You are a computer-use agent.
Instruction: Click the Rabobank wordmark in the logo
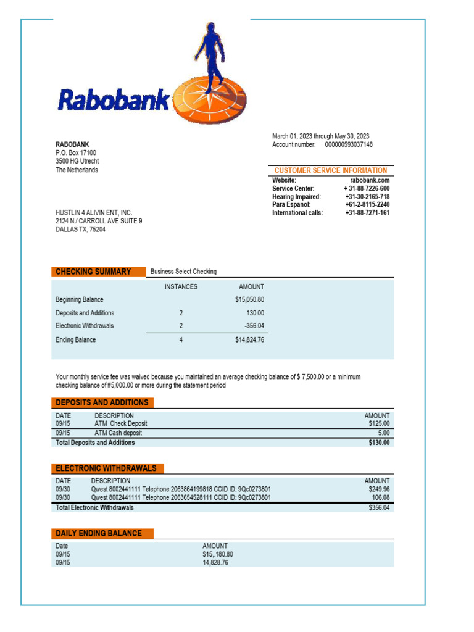tap(114, 99)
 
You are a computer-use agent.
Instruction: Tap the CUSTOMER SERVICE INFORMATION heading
tap(331, 170)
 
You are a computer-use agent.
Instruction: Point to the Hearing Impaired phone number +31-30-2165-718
tap(367, 197)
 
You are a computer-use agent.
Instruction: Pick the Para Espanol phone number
tap(367, 205)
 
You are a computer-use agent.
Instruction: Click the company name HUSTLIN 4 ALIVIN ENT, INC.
tap(94, 213)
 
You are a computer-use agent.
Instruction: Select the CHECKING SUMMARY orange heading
tap(93, 272)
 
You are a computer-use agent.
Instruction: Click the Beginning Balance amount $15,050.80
tap(249, 300)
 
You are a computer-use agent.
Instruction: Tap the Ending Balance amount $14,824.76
tap(249, 340)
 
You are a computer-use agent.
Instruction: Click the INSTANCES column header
tap(181, 287)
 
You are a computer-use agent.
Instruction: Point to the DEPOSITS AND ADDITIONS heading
tap(102, 402)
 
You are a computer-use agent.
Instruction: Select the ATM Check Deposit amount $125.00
tap(379, 424)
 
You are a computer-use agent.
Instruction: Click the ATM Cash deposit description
tap(118, 433)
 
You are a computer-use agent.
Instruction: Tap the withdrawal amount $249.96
tap(379, 489)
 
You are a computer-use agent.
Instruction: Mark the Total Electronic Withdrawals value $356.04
tap(379, 508)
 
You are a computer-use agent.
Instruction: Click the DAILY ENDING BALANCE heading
tap(99, 533)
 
